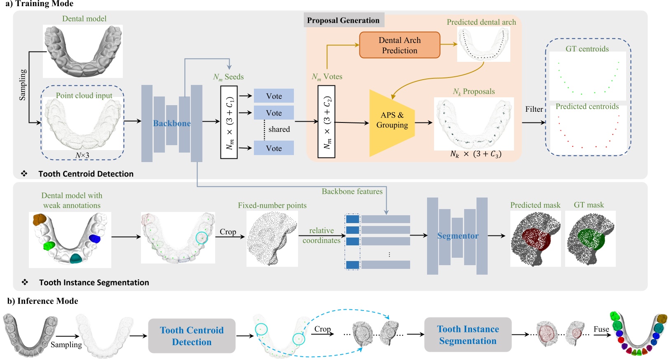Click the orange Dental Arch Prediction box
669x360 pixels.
[399, 45]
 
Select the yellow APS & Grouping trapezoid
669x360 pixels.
[392, 123]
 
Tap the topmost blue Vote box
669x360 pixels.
[274, 96]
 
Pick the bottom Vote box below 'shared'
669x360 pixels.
[274, 148]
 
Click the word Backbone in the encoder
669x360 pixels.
[172, 123]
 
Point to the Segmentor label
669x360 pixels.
[458, 236]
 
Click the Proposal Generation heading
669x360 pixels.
[343, 20]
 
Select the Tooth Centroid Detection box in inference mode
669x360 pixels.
[192, 336]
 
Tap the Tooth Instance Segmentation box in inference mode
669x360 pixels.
[468, 334]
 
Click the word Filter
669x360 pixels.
[534, 109]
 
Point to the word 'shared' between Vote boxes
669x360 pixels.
[279, 129]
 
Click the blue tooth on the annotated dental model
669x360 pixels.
[95, 238]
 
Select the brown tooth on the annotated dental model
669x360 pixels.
[40, 219]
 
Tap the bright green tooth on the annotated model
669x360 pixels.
[49, 246]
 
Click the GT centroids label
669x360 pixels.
[587, 49]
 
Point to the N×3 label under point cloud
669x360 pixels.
[82, 155]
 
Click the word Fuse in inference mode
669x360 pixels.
[601, 329]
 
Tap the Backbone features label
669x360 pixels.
[352, 191]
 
